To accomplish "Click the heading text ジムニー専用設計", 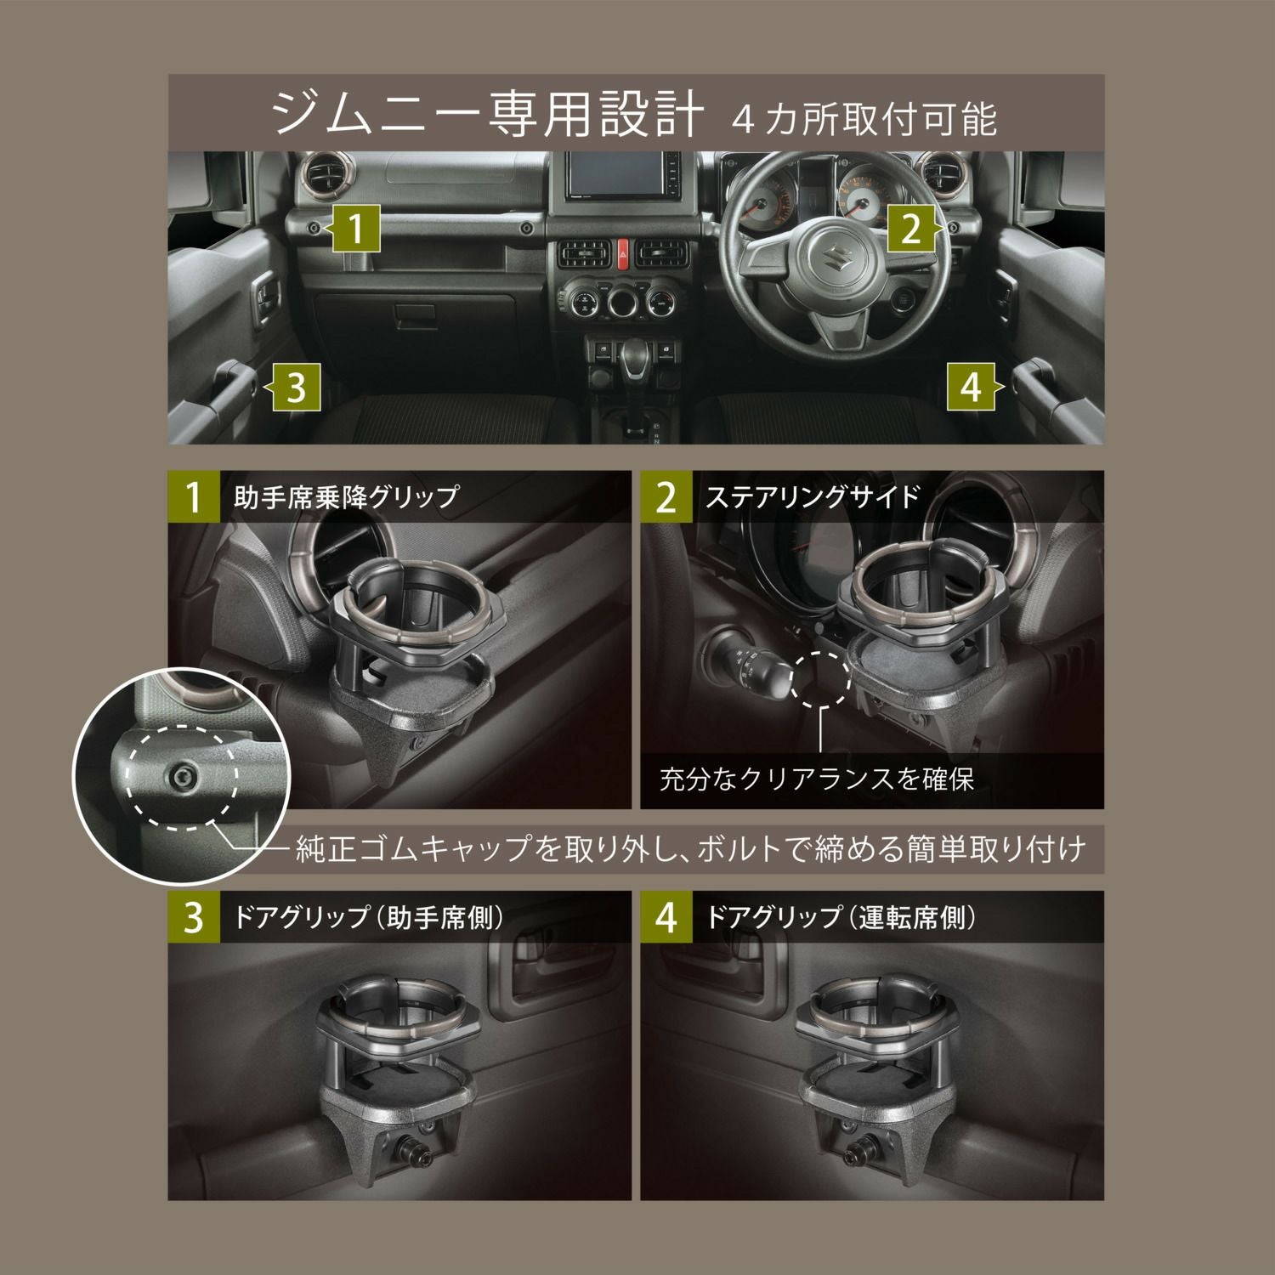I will [488, 114].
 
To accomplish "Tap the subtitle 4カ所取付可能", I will [864, 119].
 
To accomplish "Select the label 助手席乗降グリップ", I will [345, 496].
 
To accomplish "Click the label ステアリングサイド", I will [813, 496].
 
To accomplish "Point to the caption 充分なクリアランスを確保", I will [816, 779].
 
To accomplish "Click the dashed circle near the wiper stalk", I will [820, 677].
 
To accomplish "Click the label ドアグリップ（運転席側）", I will [841, 918].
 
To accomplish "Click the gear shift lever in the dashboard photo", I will [633, 360].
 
